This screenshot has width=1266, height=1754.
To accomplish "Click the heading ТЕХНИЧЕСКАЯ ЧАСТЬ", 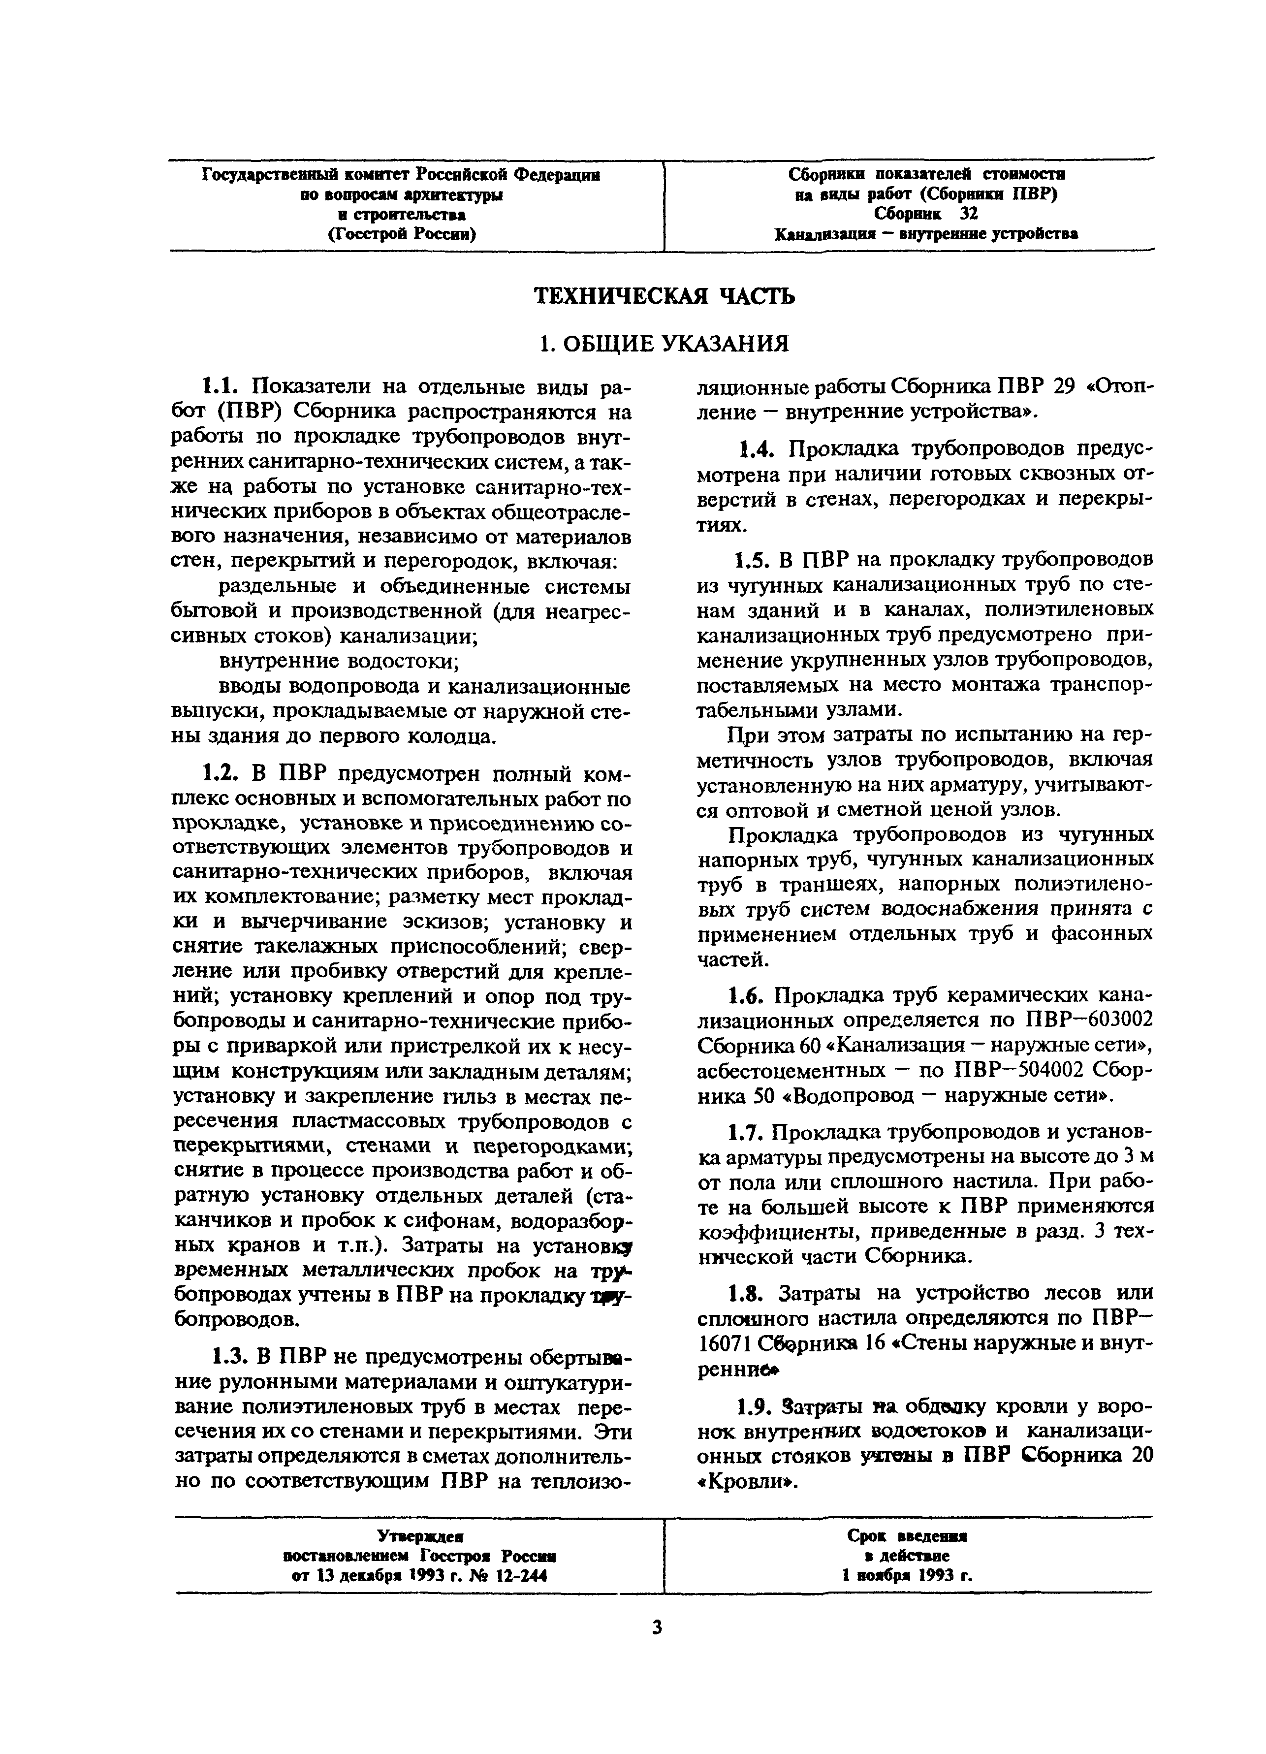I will (x=665, y=297).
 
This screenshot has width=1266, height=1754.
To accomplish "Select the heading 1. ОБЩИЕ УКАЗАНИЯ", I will (x=665, y=343).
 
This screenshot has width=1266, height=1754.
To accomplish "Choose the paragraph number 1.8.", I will (x=748, y=1293).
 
